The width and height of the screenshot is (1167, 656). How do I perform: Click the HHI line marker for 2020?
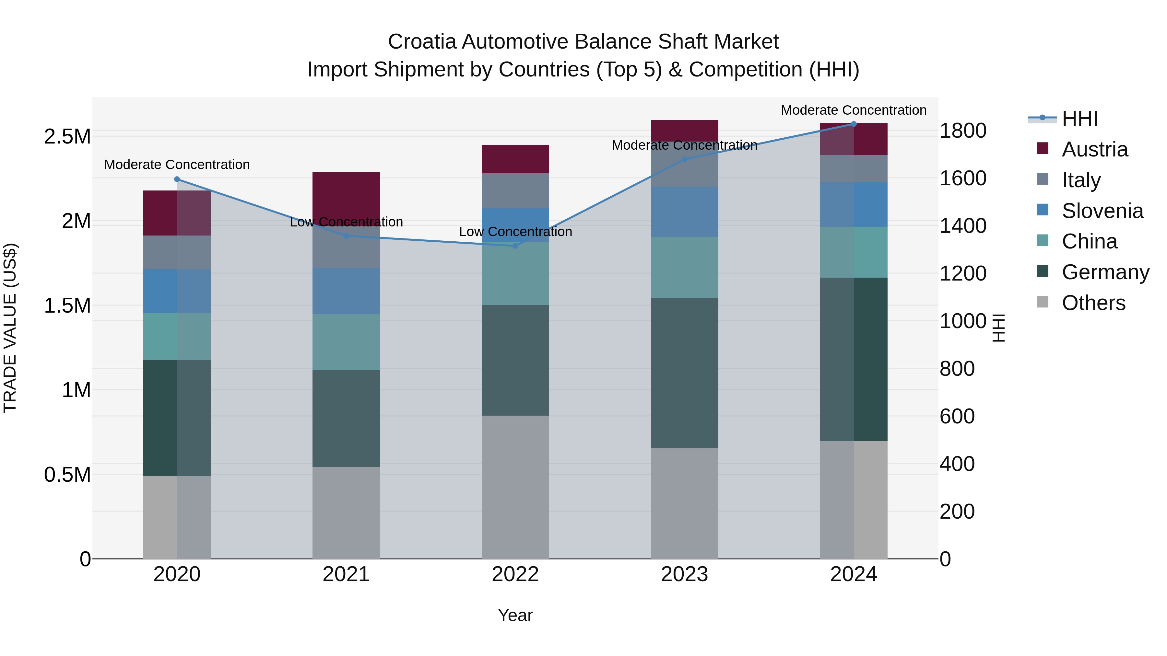(x=177, y=179)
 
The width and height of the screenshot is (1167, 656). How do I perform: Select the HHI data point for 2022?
(x=515, y=246)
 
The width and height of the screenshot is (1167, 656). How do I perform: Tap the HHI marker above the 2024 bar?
(x=854, y=124)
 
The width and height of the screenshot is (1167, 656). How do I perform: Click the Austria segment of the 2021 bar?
(x=346, y=195)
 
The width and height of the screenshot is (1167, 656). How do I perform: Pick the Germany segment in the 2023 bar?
(x=685, y=373)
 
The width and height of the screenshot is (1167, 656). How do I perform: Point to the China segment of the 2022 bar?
(x=515, y=273)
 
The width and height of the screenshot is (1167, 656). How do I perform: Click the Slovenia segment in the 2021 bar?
(x=346, y=291)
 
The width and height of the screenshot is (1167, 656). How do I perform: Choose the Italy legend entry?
(x=1081, y=180)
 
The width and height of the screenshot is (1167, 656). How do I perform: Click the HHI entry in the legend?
(x=1079, y=119)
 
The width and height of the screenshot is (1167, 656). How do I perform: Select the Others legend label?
(x=1093, y=303)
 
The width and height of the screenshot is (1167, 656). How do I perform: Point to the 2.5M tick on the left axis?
(x=67, y=137)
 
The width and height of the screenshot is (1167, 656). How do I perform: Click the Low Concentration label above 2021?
(x=346, y=222)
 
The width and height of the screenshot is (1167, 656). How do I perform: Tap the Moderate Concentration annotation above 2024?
(x=854, y=110)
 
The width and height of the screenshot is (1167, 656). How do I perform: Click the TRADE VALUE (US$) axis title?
(x=10, y=328)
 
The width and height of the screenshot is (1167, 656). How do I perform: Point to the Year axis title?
(x=515, y=615)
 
